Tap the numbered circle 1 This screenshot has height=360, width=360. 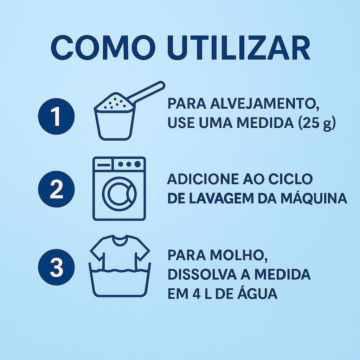coord(56,116)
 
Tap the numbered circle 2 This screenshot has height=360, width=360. coord(56,189)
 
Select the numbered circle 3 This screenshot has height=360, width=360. coord(56,267)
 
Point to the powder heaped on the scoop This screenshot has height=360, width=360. coord(115,102)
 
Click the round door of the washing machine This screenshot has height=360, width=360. coord(119,193)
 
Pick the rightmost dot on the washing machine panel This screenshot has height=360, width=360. coord(137,165)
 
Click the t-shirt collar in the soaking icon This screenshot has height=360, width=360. coord(120,239)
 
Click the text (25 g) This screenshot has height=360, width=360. coord(317,123)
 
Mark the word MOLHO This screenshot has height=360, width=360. coord(239,255)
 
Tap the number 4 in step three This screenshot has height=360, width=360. coord(196,293)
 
